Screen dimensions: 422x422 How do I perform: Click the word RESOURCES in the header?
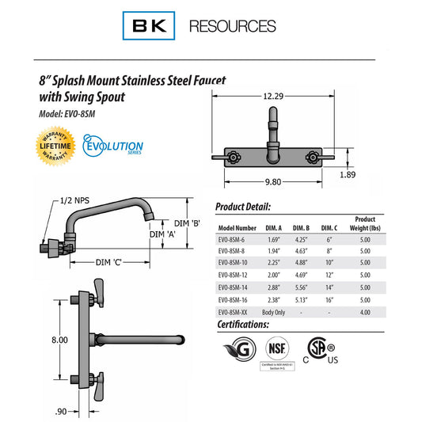pyautogui.click(x=233, y=26)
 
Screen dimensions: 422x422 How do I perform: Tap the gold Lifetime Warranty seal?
pyautogui.click(x=57, y=147)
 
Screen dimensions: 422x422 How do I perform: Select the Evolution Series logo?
pyautogui.click(x=114, y=148)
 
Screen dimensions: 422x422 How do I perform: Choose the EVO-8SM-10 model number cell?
pyautogui.click(x=237, y=263)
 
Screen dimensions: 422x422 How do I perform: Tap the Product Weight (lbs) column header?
pyautogui.click(x=365, y=223)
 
